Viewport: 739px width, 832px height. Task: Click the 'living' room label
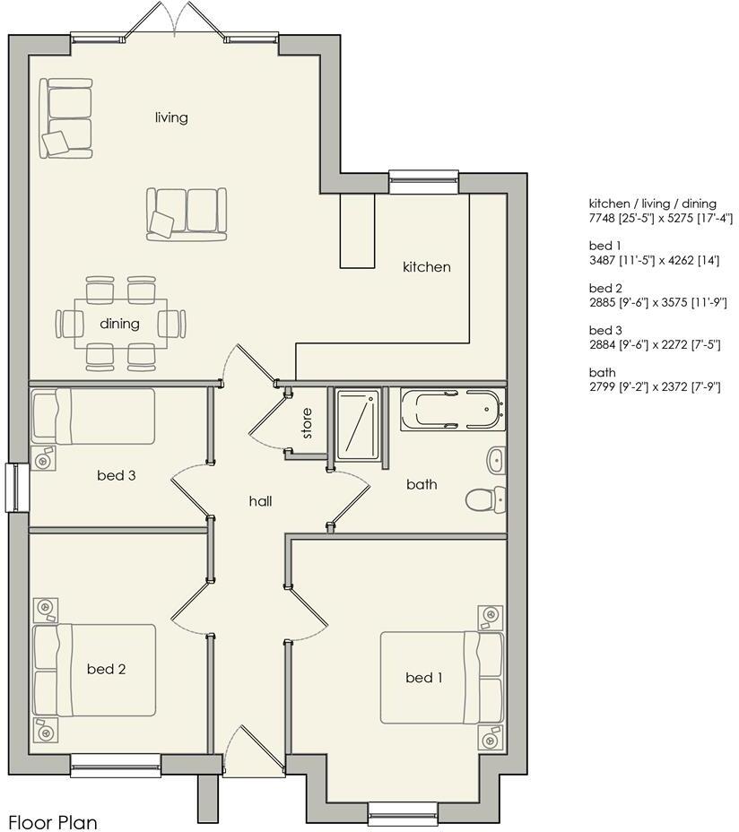[171, 117]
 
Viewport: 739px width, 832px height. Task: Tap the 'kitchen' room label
[426, 267]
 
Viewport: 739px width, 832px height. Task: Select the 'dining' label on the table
[119, 324]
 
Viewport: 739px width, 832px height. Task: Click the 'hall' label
[260, 501]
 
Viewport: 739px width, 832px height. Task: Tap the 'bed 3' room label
[116, 475]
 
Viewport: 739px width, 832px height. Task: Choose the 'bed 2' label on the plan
[106, 669]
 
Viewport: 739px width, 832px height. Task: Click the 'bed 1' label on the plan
[423, 678]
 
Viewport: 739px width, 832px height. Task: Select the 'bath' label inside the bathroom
[422, 484]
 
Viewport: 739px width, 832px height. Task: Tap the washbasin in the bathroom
[496, 461]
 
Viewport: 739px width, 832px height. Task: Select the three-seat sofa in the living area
[187, 213]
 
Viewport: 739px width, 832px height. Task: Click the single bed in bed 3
[93, 415]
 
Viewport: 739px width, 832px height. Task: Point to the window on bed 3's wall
[17, 488]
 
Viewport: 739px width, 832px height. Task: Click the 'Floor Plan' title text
[53, 821]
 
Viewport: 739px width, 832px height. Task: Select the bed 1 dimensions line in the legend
[658, 260]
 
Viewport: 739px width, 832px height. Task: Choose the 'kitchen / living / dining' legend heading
[652, 204]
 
